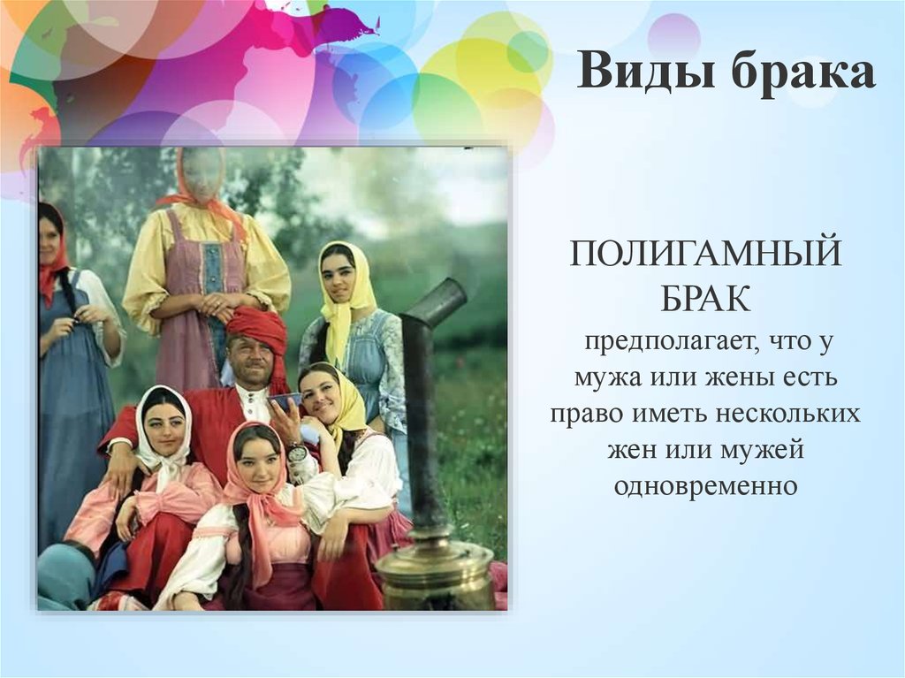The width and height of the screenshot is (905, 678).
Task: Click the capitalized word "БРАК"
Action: (x=705, y=299)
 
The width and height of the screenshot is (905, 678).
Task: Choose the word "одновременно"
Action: (x=705, y=486)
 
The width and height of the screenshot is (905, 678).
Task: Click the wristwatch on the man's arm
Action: (x=296, y=453)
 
